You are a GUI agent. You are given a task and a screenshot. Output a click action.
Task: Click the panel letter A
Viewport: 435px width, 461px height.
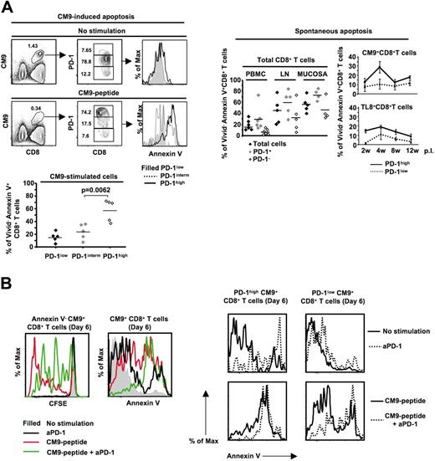click(8, 8)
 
